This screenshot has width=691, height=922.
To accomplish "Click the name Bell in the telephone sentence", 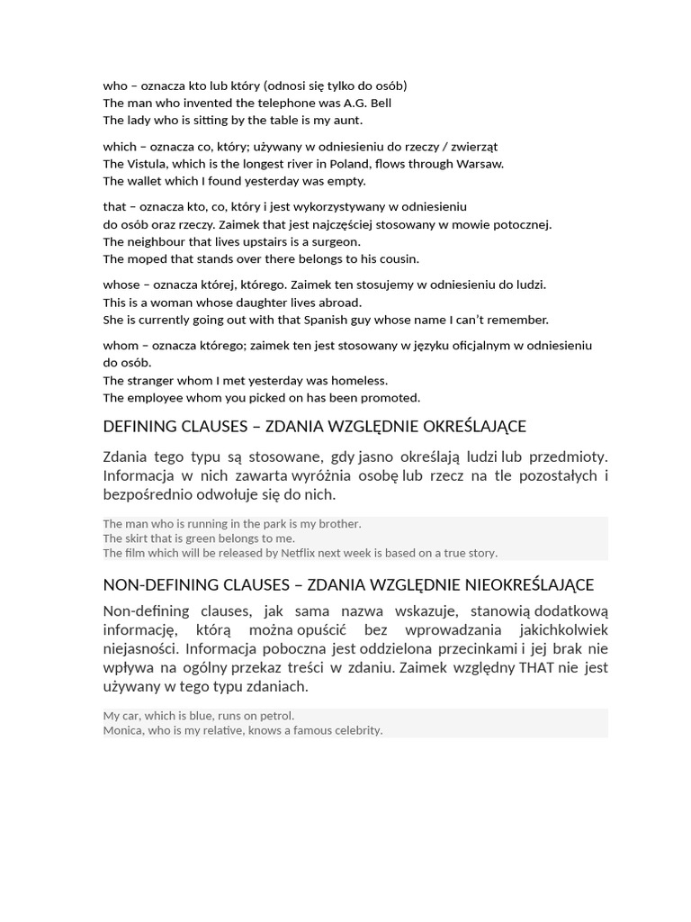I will (x=379, y=103).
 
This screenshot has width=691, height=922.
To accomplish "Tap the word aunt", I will (x=346, y=120).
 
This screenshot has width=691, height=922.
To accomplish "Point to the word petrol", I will (x=274, y=716).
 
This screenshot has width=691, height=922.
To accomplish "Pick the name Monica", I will (x=122, y=730).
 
